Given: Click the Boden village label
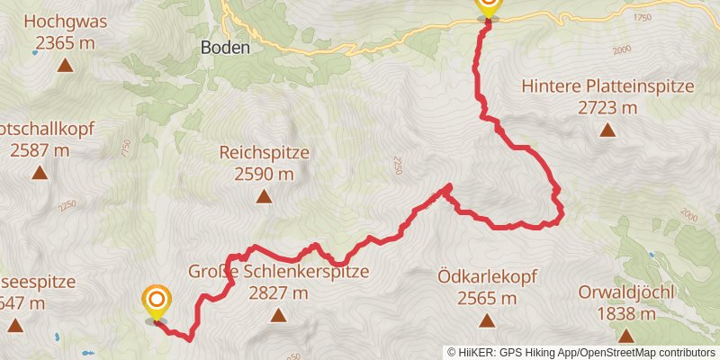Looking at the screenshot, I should [225, 49].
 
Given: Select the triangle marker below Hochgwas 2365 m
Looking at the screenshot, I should [65, 65].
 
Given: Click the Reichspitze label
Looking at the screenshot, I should [264, 153].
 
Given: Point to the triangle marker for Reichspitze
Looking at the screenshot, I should [264, 196].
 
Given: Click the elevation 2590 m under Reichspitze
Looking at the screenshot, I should [264, 174].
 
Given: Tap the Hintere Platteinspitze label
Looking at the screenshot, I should [608, 87].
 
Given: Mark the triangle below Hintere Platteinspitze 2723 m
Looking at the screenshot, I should [608, 130].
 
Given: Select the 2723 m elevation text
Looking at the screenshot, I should [608, 108].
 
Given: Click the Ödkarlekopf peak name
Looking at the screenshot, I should [487, 277].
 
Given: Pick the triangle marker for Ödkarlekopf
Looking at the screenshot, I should [487, 320].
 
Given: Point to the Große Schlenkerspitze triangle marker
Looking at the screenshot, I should [277, 315].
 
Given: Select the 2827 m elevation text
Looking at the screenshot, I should [277, 292].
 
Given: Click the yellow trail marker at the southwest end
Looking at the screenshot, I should [156, 300].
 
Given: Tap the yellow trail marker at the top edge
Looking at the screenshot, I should [487, 5].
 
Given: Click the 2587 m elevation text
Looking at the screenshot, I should [40, 150].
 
